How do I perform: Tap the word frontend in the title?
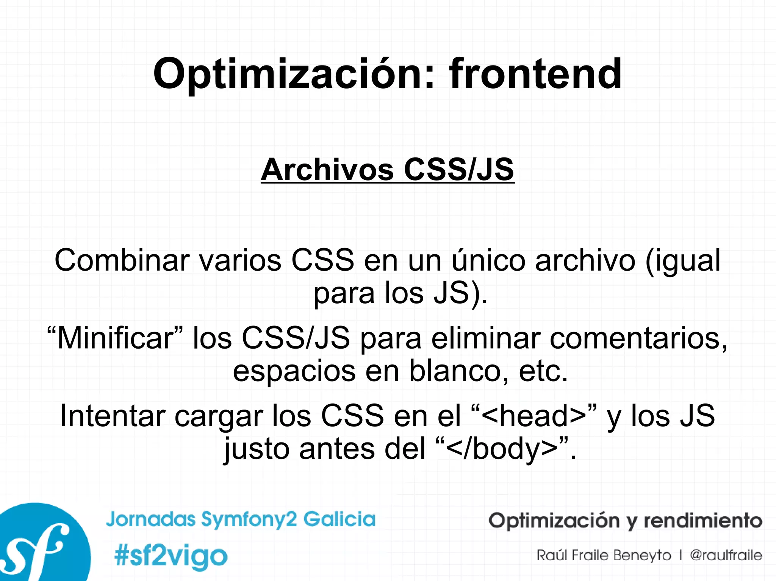pyautogui.click(x=535, y=74)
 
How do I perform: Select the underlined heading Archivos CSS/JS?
pyautogui.click(x=387, y=170)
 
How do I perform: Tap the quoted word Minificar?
pyautogui.click(x=115, y=338)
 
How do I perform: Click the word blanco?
pyautogui.click(x=458, y=371)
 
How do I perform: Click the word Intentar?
pyautogui.click(x=113, y=416)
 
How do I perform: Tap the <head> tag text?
pyautogui.click(x=534, y=416)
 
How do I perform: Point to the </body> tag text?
pyautogui.click(x=502, y=449)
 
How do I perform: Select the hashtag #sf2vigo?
pyautogui.click(x=171, y=556)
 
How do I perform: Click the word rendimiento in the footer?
pyautogui.click(x=703, y=520)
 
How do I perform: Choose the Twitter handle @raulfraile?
pyautogui.click(x=726, y=555)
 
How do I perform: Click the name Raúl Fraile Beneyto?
pyautogui.click(x=604, y=555)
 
